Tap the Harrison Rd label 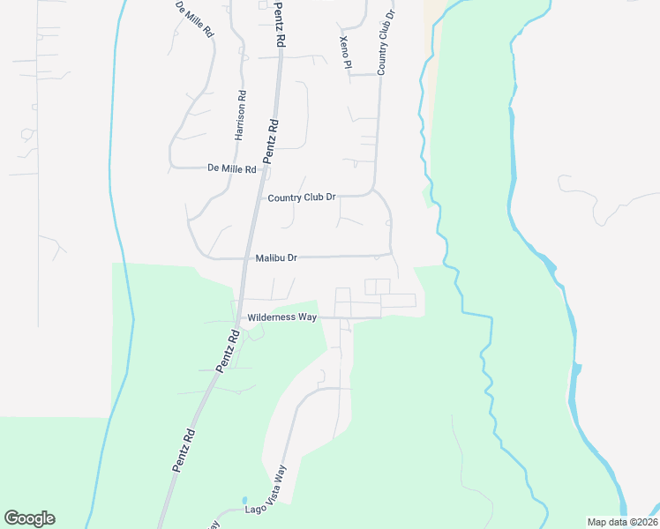pos(239,115)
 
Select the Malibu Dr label pos(276,258)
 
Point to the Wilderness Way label pos(282,317)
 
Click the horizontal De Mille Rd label pos(231,168)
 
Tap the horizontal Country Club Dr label pos(302,197)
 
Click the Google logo pos(29,518)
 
